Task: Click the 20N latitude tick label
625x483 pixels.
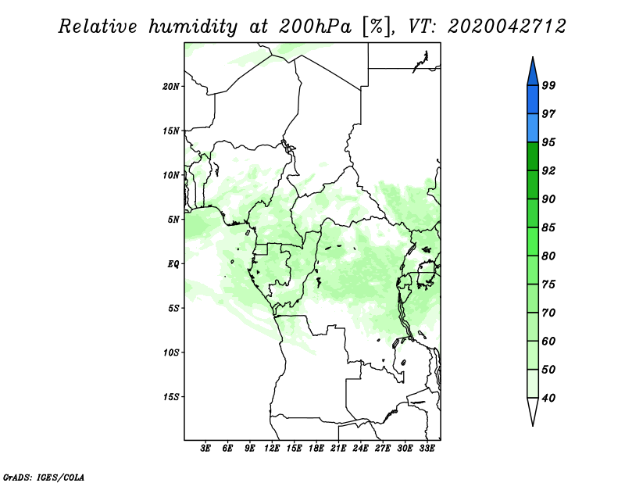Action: tap(171, 87)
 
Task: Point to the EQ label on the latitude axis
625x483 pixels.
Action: tap(173, 264)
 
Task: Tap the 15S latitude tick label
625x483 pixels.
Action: tap(171, 397)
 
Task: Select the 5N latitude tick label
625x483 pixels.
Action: tap(173, 220)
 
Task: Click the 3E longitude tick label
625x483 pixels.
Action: tap(205, 449)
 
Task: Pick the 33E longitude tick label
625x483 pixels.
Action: tap(427, 449)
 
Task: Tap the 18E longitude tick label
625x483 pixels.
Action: tap(316, 449)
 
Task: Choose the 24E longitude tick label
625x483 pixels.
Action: tap(360, 449)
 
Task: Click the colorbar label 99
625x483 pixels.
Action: tap(548, 85)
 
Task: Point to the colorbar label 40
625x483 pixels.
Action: tap(548, 398)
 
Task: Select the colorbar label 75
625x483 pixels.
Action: tap(548, 284)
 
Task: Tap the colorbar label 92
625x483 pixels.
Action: tap(548, 170)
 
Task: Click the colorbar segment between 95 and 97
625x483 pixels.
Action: tap(533, 128)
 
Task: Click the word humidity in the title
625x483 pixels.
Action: tap(193, 27)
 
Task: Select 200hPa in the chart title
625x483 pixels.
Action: tap(315, 27)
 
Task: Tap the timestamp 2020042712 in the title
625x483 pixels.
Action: tap(506, 27)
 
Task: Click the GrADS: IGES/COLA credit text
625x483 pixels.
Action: tap(44, 477)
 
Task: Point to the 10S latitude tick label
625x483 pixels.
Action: tap(171, 352)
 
